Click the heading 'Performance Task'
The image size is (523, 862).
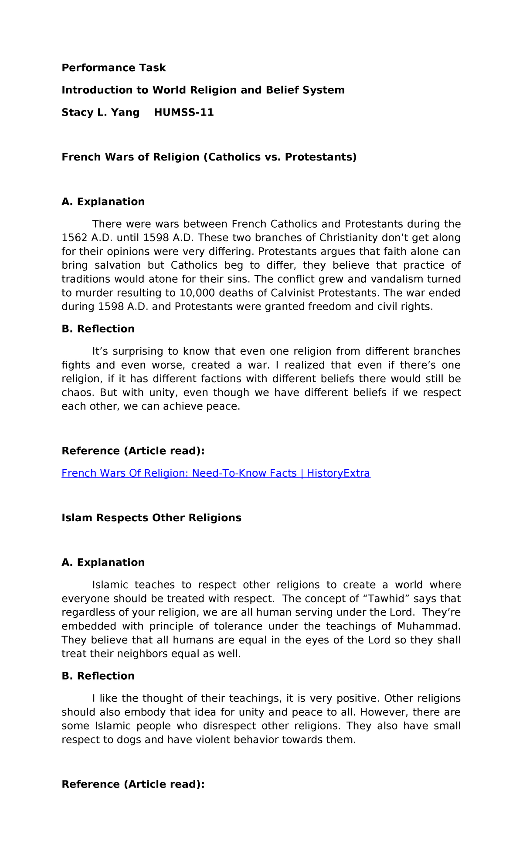pyautogui.click(x=114, y=68)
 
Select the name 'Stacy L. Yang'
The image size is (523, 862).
pyautogui.click(x=101, y=113)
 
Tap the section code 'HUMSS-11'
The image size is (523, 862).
pyautogui.click(x=184, y=113)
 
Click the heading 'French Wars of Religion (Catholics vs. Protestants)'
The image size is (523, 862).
pyautogui.click(x=209, y=157)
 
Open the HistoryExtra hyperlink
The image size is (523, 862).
pyautogui.click(x=216, y=473)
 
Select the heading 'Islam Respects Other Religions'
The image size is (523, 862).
pyautogui.click(x=151, y=518)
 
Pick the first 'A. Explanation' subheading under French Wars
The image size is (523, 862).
pyautogui.click(x=103, y=202)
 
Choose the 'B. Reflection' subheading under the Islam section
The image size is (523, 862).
pyautogui.click(x=98, y=676)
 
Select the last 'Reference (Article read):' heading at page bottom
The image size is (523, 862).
pyautogui.click(x=133, y=784)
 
